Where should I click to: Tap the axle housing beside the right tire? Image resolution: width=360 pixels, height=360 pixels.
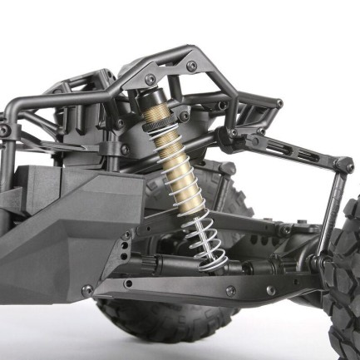point(320,264)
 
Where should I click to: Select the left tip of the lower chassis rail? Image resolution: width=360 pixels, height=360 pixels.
point(88,291)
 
